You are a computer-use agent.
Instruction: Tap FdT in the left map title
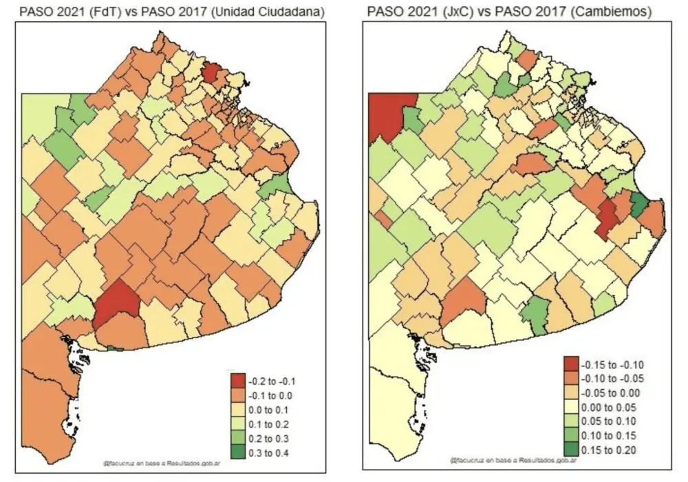coord(103,12)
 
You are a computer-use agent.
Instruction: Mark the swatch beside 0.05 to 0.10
coord(571,421)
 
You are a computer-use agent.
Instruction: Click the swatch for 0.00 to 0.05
coord(571,407)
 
